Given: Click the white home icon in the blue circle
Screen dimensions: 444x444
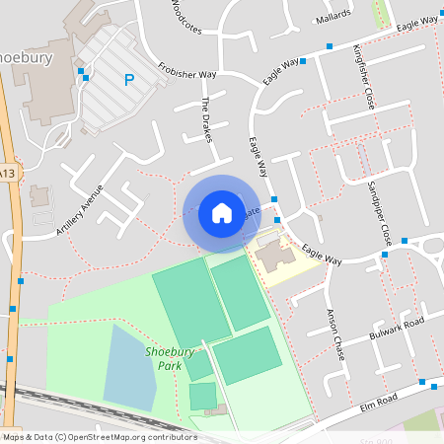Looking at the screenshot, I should point(221,212).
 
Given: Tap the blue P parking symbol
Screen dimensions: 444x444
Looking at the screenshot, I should point(128,80).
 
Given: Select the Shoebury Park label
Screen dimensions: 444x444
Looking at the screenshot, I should point(169,358).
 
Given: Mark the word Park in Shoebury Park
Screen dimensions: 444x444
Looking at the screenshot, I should point(169,365).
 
